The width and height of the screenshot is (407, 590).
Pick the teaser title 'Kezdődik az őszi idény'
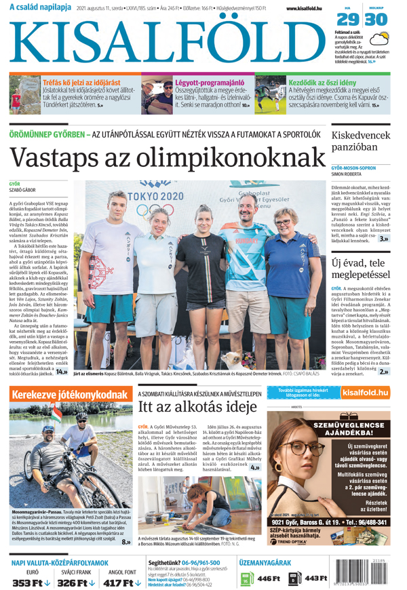point(328,83)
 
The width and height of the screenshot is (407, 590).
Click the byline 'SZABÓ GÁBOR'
point(24,191)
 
